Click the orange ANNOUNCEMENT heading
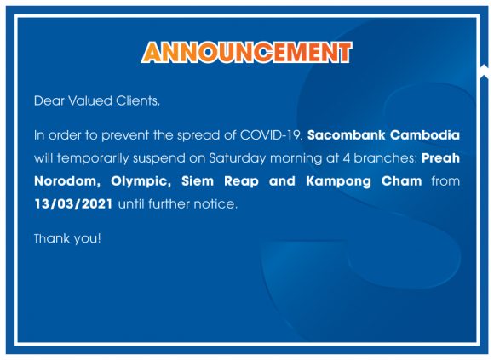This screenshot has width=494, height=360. coord(247,52)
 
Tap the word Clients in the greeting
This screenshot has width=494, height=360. coord(138,101)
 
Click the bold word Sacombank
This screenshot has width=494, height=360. coord(347,135)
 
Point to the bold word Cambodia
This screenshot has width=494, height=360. coord(425,135)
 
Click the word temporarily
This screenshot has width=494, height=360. coord(93,158)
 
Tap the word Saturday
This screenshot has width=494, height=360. coord(238,158)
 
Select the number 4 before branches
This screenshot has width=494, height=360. coord(347,158)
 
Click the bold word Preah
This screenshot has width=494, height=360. coord(440,158)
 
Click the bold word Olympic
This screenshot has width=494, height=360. coord(141,181)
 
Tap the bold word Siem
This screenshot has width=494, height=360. coord(198,181)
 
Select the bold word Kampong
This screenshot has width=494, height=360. coord(338,181)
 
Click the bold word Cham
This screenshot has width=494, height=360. coord(401,181)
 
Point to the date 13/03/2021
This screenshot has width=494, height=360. coord(73,204)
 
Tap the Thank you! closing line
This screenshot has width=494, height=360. coord(67,239)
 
